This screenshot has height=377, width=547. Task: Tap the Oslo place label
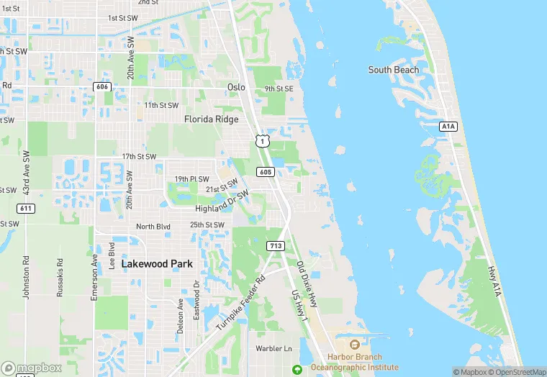click(x=236, y=87)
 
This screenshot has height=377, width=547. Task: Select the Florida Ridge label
click(x=212, y=119)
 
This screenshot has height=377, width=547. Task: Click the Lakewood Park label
click(x=157, y=264)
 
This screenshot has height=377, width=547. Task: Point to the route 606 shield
click(x=102, y=86)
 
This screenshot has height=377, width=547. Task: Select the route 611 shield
click(x=26, y=208)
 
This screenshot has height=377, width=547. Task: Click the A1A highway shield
click(x=448, y=126)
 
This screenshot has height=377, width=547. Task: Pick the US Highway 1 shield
click(x=262, y=141)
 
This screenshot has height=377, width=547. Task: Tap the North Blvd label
click(x=153, y=226)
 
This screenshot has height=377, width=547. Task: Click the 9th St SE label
click(x=279, y=88)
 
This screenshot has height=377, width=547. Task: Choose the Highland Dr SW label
click(x=222, y=202)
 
